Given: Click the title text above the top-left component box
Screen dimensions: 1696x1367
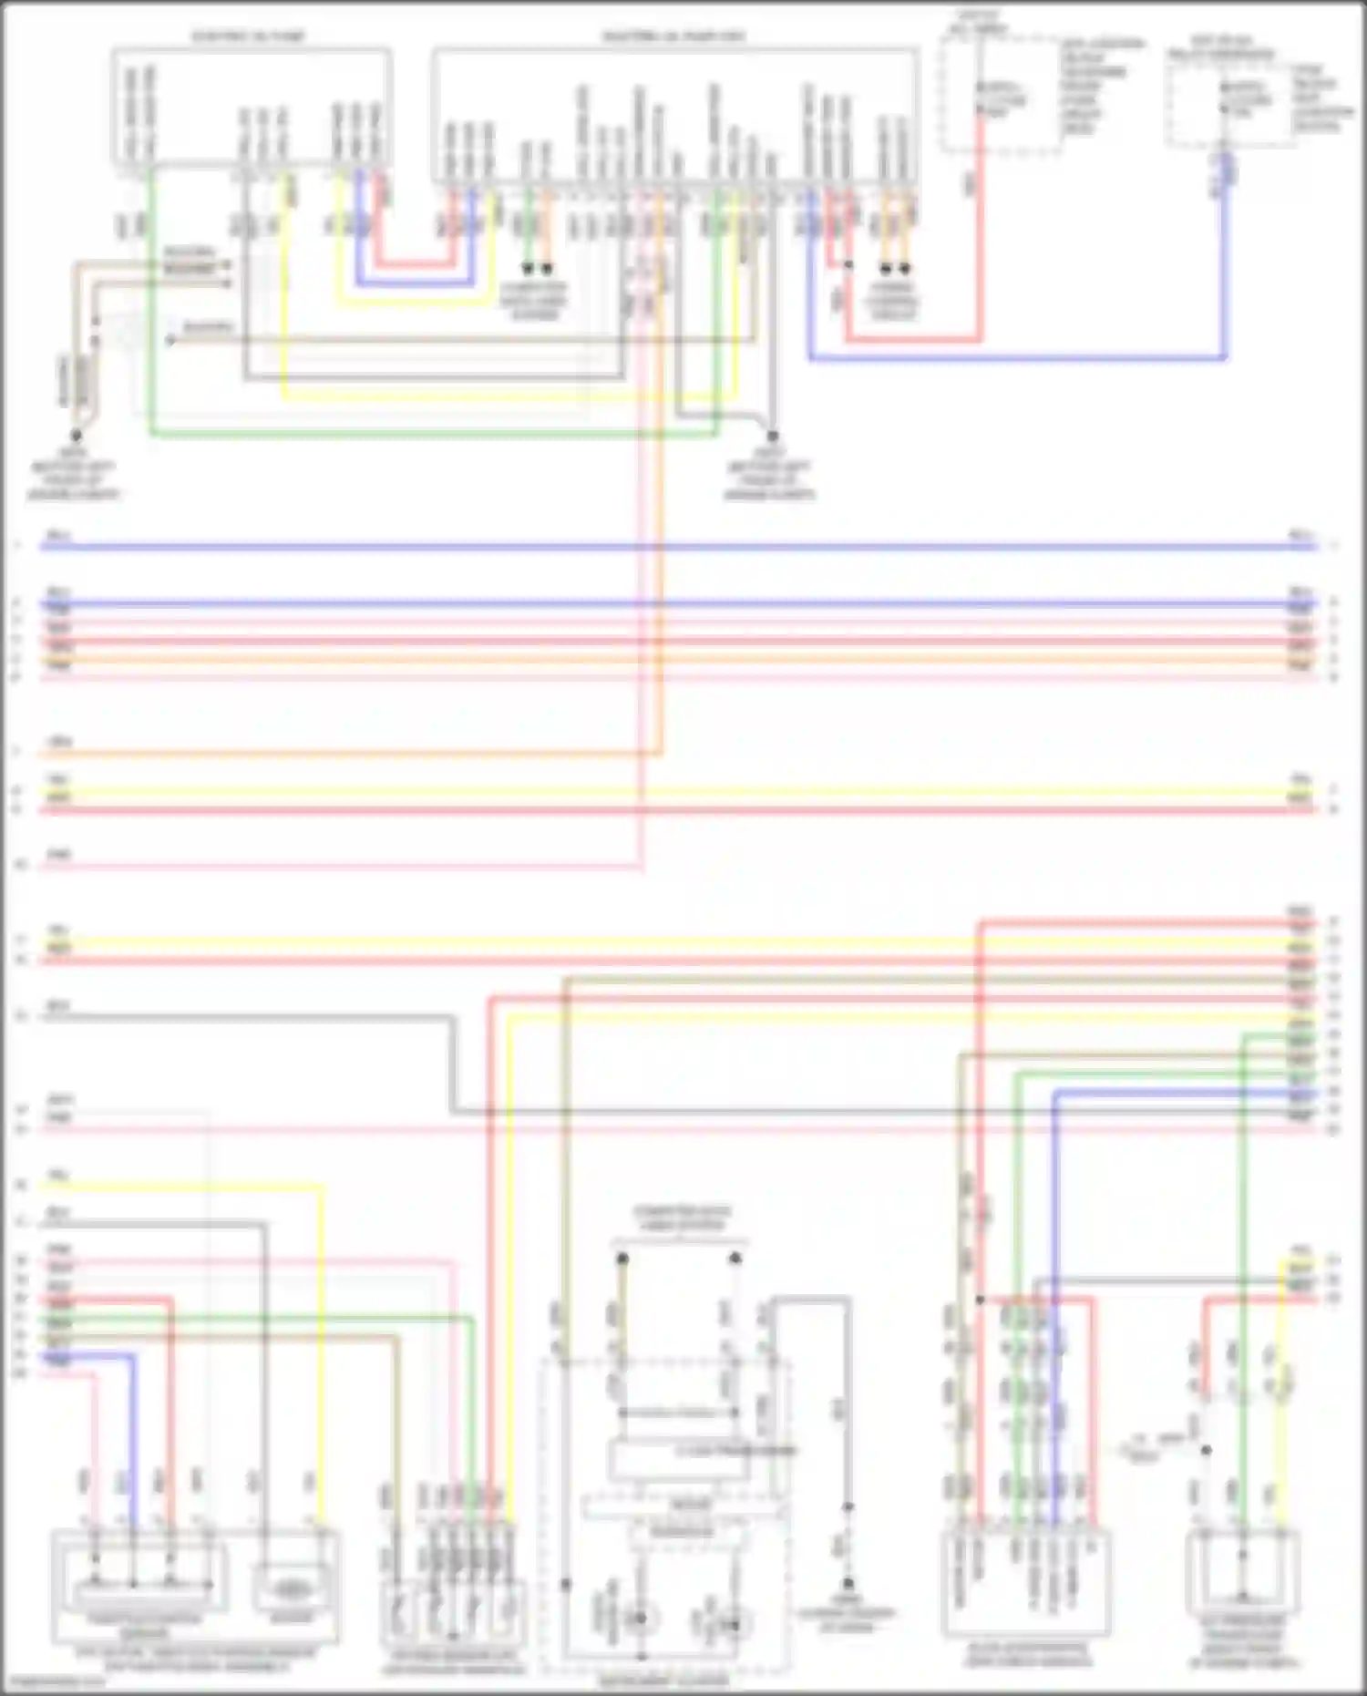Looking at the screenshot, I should tap(248, 37).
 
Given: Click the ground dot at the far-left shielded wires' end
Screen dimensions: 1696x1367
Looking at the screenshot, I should tap(77, 437).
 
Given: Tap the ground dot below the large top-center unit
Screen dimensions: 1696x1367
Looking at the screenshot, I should tap(772, 437).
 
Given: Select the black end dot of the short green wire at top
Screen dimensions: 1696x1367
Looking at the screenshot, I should tap(527, 269).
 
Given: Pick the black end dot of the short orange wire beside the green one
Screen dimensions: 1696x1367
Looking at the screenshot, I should tap(547, 269).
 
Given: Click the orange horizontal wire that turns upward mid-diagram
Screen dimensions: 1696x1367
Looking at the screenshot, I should tap(346, 754).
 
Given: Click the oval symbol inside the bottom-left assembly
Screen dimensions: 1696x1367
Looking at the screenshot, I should tap(291, 1588).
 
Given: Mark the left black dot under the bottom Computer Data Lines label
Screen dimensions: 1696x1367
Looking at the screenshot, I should tap(622, 1259).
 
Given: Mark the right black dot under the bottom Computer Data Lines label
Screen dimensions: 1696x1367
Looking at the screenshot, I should tap(735, 1259).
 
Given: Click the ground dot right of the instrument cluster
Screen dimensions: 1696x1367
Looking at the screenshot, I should tap(847, 1584).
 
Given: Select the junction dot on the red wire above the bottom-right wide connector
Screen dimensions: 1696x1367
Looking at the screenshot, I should tap(980, 1300).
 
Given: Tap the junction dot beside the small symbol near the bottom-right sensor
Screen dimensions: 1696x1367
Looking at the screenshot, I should tap(1206, 1450).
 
